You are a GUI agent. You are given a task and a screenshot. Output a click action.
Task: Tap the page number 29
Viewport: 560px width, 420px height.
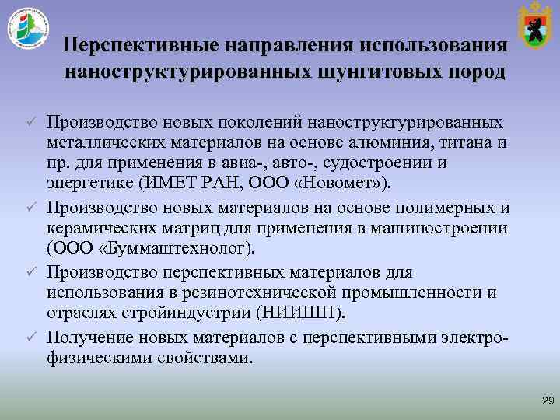548,401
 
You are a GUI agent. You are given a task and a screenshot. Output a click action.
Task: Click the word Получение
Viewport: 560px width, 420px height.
88,338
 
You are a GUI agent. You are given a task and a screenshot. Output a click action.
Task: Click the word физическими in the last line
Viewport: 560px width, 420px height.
94,359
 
